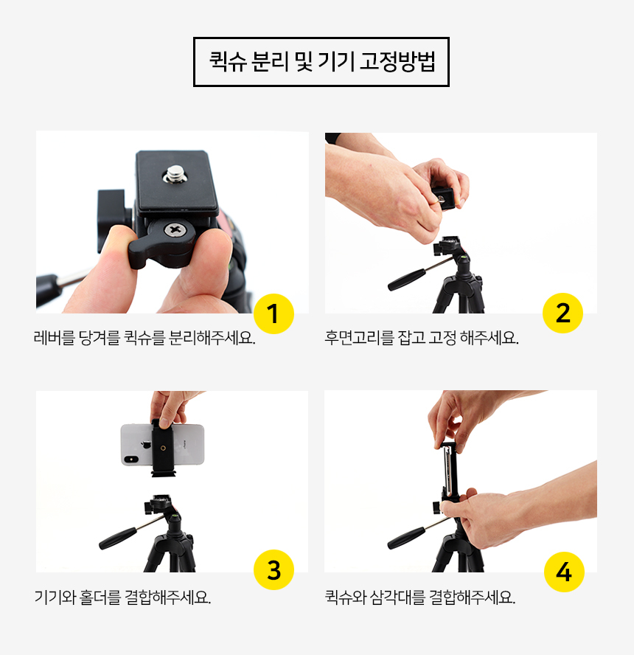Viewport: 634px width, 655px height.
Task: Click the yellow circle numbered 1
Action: tap(274, 313)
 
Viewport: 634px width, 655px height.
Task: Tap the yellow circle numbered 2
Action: tap(562, 313)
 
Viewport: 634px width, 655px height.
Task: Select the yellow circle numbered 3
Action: tap(274, 569)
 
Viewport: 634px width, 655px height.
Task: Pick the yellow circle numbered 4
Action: tap(564, 572)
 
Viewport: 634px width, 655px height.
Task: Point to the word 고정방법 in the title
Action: tap(398, 61)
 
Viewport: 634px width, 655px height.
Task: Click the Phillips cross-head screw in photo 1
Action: tap(173, 229)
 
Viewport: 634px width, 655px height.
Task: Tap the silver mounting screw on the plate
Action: tap(175, 174)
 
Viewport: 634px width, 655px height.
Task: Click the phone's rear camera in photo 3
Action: tap(131, 460)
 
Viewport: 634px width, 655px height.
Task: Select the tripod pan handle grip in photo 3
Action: tap(117, 538)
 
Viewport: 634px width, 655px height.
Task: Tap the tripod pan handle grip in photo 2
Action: tap(406, 280)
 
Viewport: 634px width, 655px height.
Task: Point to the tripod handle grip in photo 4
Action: tap(406, 538)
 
